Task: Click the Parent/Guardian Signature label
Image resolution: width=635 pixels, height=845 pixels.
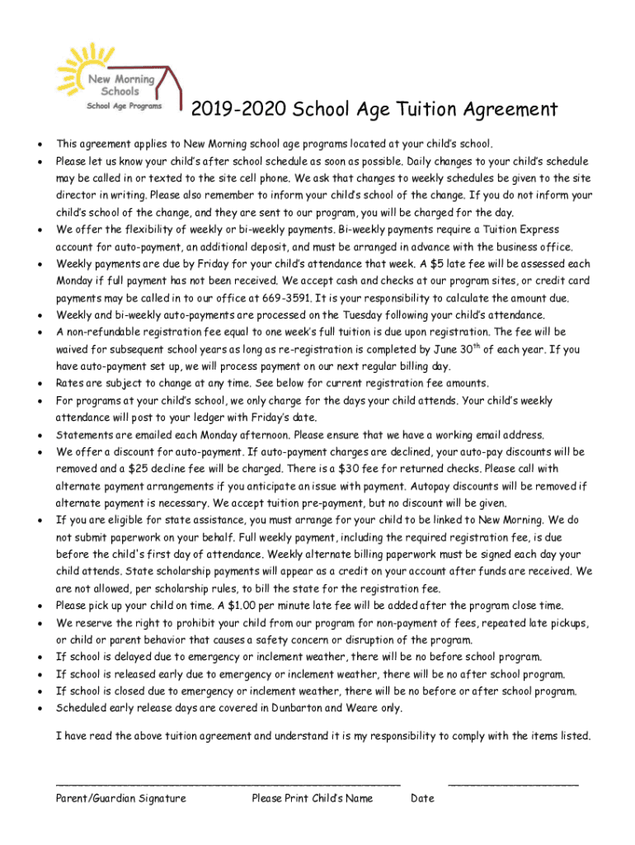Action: point(120,798)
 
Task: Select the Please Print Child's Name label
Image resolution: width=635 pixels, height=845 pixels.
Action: point(313,798)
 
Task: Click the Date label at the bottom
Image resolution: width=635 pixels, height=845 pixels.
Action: point(422,798)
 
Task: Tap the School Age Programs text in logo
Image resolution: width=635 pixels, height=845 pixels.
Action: point(125,105)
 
